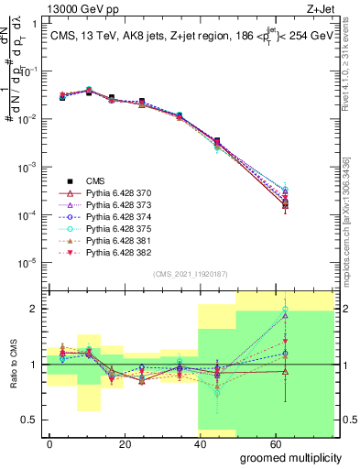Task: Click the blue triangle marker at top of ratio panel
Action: click(286, 315)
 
